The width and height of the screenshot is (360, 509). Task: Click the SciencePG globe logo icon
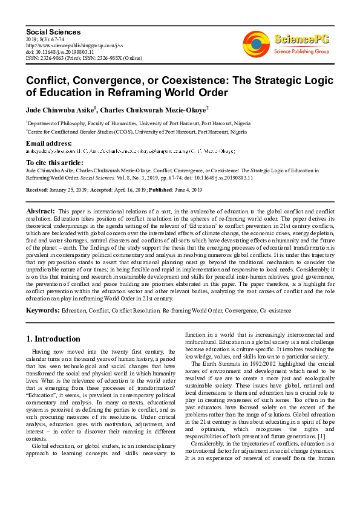tap(256, 44)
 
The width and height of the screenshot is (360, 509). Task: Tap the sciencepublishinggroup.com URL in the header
tap(74, 45)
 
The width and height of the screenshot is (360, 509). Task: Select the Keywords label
tap(42, 310)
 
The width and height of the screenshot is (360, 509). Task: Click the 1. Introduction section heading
tap(54, 339)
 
